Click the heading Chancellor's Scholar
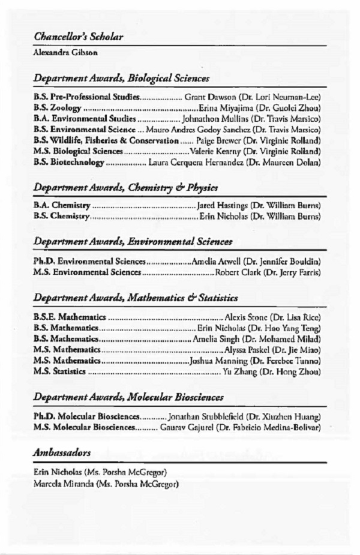pyautogui.click(x=78, y=37)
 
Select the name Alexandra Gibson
pyautogui.click(x=65, y=53)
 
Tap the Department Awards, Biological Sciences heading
pyautogui.click(x=121, y=79)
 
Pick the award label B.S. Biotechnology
pyautogui.click(x=69, y=162)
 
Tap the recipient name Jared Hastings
pyautogui.click(x=222, y=206)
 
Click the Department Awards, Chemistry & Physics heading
pyautogui.click(x=125, y=188)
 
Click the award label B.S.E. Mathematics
pyautogui.click(x=70, y=317)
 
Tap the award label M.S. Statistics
pyautogui.click(x=60, y=372)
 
